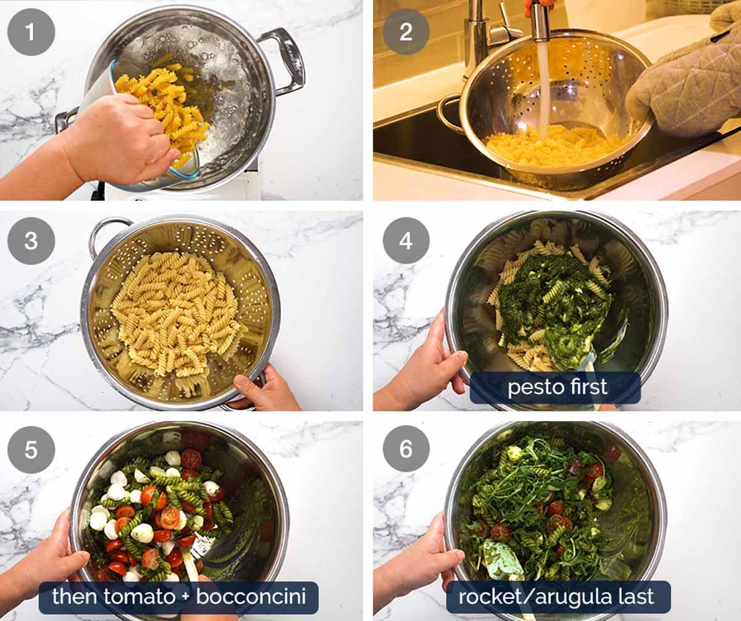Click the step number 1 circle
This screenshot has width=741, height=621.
pos(31,32)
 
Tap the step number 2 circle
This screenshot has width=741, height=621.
pos(406,32)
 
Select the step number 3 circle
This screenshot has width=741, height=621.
pos(31,241)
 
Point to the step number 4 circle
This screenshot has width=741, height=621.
pos(406,241)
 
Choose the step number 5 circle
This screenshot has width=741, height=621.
pos(31,449)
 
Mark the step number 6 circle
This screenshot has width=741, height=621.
pos(406,449)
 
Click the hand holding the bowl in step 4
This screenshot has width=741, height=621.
pos(426,370)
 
